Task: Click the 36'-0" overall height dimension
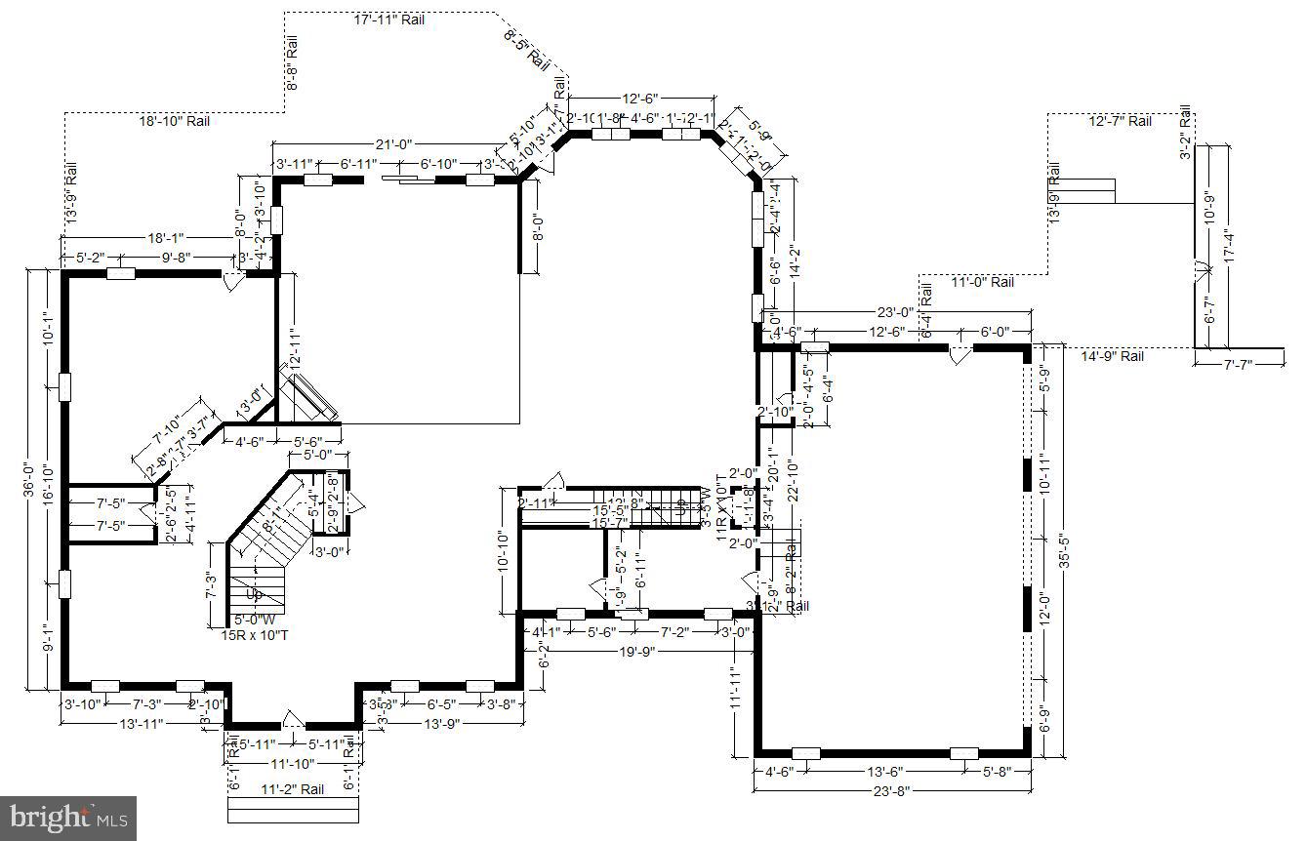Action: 29,484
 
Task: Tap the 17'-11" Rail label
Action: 388,20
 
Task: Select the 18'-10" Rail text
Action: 174,121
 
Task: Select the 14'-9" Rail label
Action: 1112,357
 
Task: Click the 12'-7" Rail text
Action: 1120,121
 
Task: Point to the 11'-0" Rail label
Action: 982,282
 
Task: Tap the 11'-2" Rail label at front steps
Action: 292,789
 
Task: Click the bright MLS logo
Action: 68,818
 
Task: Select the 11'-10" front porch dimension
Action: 293,764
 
